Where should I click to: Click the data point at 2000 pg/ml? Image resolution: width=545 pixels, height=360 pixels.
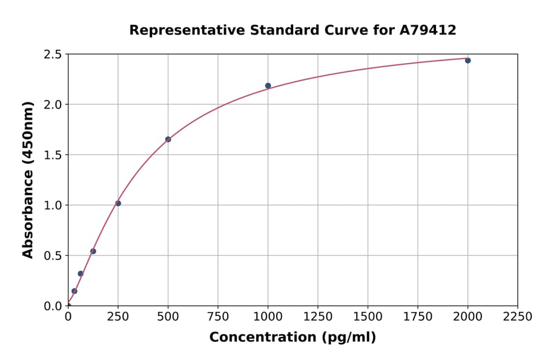(x=467, y=61)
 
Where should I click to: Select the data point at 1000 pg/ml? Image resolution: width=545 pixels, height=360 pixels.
(x=268, y=86)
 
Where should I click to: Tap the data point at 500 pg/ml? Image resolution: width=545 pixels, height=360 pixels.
(x=168, y=139)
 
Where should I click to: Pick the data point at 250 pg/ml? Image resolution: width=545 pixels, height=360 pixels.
(x=118, y=204)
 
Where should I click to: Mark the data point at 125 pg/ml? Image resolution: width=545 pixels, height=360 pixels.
(x=93, y=252)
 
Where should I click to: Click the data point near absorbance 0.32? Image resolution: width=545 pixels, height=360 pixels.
(x=81, y=274)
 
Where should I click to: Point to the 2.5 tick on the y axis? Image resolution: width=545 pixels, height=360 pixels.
(x=53, y=55)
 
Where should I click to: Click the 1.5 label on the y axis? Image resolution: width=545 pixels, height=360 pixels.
(x=53, y=155)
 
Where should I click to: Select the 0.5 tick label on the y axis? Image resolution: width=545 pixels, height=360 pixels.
(x=53, y=256)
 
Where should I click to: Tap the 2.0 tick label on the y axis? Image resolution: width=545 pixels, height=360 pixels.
(x=53, y=105)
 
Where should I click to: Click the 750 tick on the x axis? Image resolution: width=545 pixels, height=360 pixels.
(x=218, y=317)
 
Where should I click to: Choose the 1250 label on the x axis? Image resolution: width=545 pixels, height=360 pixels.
(x=318, y=317)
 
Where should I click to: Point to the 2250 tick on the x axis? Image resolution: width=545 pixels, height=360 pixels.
(x=517, y=317)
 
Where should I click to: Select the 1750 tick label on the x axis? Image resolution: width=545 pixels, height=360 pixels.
(x=417, y=317)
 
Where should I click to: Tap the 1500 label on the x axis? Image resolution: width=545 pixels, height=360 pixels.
(x=368, y=317)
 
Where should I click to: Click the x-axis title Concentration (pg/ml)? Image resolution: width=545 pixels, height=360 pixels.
(x=292, y=338)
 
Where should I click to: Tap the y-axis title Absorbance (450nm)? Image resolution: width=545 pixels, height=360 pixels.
(x=28, y=179)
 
